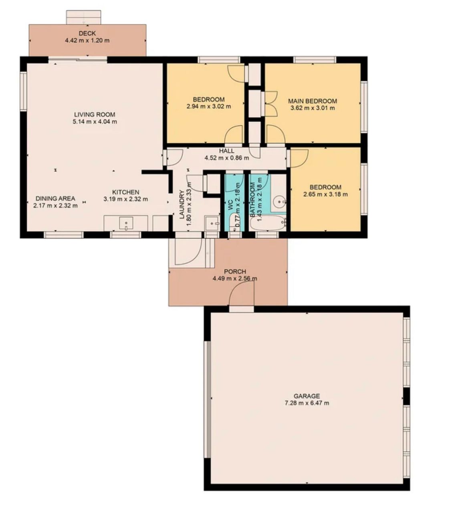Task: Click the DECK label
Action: click(x=87, y=33)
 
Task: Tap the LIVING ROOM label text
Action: click(x=95, y=115)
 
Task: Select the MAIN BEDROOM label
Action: click(x=313, y=101)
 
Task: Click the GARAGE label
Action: click(x=307, y=396)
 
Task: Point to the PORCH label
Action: click(x=235, y=271)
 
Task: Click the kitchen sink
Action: click(x=126, y=223)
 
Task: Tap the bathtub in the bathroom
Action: click(x=267, y=223)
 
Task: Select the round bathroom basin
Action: click(x=279, y=202)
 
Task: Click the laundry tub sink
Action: click(x=212, y=224)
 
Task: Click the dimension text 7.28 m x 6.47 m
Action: click(x=307, y=403)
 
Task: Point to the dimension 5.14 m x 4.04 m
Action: click(x=95, y=122)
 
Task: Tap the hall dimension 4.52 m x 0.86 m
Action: click(x=226, y=158)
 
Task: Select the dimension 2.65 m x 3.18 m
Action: click(x=325, y=194)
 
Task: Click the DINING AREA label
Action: click(x=55, y=198)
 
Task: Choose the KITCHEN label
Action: click(x=126, y=192)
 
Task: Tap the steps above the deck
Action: click(x=84, y=17)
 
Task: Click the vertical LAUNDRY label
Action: click(x=182, y=204)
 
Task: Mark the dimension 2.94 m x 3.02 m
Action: click(x=209, y=106)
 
